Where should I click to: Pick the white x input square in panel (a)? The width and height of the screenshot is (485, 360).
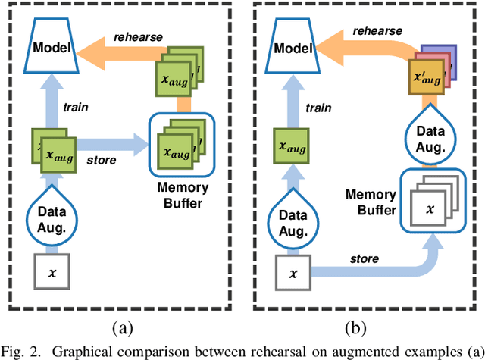52,270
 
